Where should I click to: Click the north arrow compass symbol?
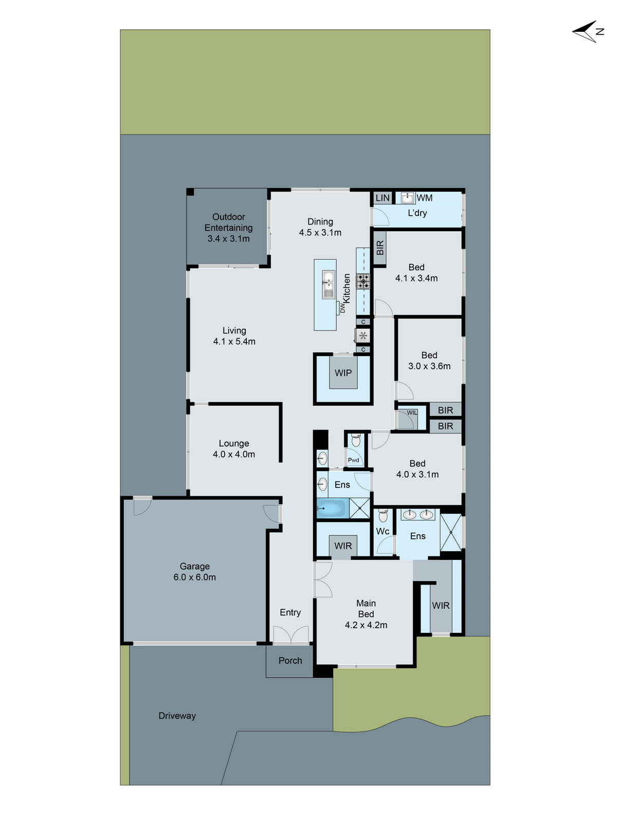(586, 32)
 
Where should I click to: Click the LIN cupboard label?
(383, 198)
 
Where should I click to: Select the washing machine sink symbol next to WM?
(408, 198)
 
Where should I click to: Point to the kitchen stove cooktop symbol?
(364, 281)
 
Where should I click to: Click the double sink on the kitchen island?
(329, 284)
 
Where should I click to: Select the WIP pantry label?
(343, 373)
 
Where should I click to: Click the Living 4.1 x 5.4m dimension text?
(234, 342)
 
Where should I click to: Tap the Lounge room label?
(234, 443)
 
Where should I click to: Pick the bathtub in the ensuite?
(332, 509)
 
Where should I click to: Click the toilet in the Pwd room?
(356, 441)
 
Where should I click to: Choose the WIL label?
(412, 413)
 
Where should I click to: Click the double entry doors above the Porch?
(291, 635)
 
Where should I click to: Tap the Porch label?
(290, 661)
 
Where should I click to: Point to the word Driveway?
(177, 716)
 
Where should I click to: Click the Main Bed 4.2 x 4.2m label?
(366, 614)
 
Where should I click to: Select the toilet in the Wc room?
(383, 516)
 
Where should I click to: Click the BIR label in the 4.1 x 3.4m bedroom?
(380, 248)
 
